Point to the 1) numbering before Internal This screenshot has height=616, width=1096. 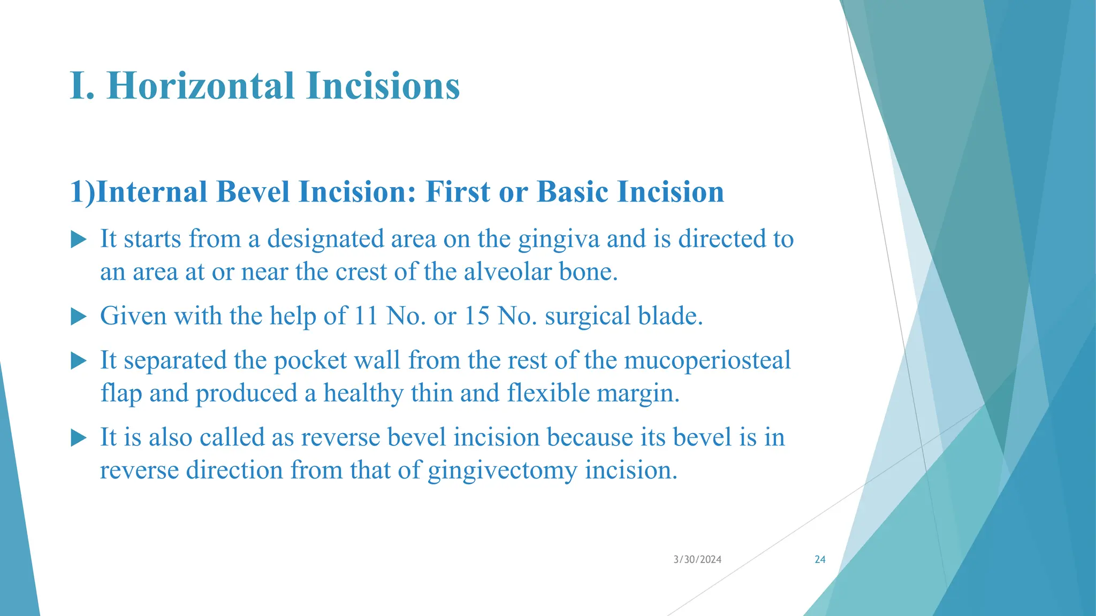coord(82,191)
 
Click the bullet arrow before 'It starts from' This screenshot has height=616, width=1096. coord(78,240)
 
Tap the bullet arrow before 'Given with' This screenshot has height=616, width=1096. coord(78,317)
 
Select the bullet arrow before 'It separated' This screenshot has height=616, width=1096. coord(78,361)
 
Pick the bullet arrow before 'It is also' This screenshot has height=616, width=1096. coord(78,438)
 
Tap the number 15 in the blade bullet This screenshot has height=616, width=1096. coord(477,315)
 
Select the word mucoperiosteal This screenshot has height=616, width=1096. coord(707,360)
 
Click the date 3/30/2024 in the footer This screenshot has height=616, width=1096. coord(697,559)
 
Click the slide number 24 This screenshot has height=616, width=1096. coord(819,559)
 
